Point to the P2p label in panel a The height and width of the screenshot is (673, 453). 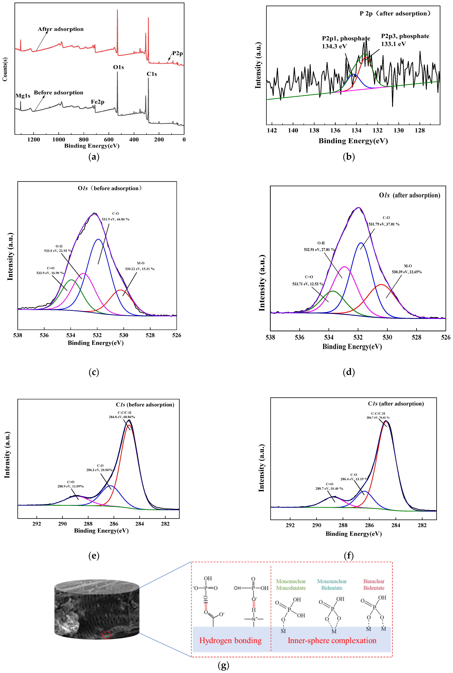[177, 53]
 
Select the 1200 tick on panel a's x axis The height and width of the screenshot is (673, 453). [34, 140]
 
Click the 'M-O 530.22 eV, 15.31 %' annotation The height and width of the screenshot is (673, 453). [140, 266]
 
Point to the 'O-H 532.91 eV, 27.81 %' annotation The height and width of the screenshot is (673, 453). [320, 246]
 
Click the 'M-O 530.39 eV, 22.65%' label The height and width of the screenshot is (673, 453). [407, 269]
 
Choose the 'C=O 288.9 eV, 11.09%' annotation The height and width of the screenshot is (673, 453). [70, 484]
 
